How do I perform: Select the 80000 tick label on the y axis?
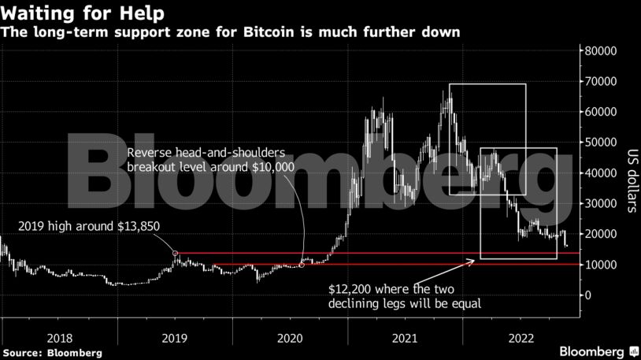[598, 51]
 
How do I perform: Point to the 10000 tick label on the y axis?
[598, 265]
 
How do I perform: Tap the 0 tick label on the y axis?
[586, 295]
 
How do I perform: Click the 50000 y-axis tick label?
[598, 143]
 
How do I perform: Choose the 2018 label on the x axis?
[60, 337]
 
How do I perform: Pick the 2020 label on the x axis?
[291, 337]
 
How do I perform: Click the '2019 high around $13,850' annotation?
[89, 226]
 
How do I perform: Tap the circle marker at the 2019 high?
[176, 254]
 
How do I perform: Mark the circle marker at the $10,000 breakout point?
[302, 265]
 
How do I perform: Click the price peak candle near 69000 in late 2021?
[448, 92]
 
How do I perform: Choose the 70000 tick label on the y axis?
[598, 82]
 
